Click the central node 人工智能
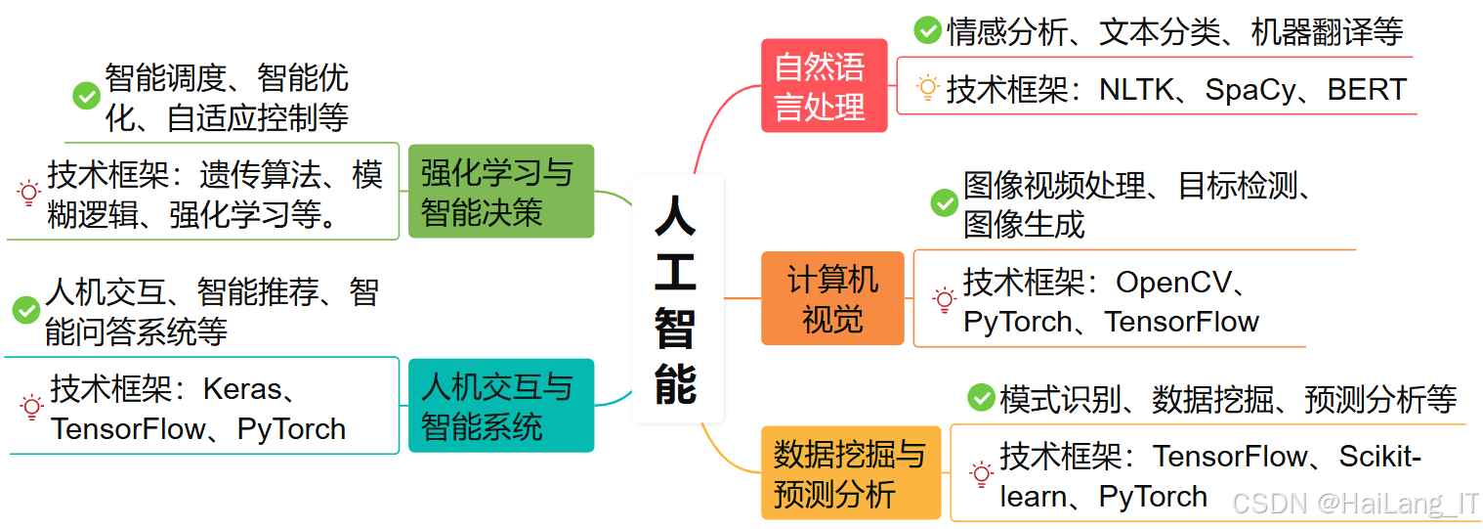tap(676, 298)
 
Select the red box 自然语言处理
tap(823, 86)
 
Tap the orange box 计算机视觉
tap(832, 298)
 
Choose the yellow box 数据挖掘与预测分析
tap(850, 473)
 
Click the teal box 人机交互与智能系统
tap(498, 406)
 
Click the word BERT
tap(1366, 90)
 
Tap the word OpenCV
tap(1174, 283)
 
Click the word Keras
tap(241, 389)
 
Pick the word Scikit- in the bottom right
tap(1379, 457)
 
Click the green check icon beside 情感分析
tap(927, 31)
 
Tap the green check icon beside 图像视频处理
tap(944, 203)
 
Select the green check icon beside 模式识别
tap(980, 398)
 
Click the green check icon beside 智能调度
tap(87, 96)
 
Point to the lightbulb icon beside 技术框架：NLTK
tap(927, 89)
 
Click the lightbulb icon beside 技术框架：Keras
tap(31, 407)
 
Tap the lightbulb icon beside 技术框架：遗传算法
tap(28, 193)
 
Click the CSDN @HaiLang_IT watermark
tap(1355, 504)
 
